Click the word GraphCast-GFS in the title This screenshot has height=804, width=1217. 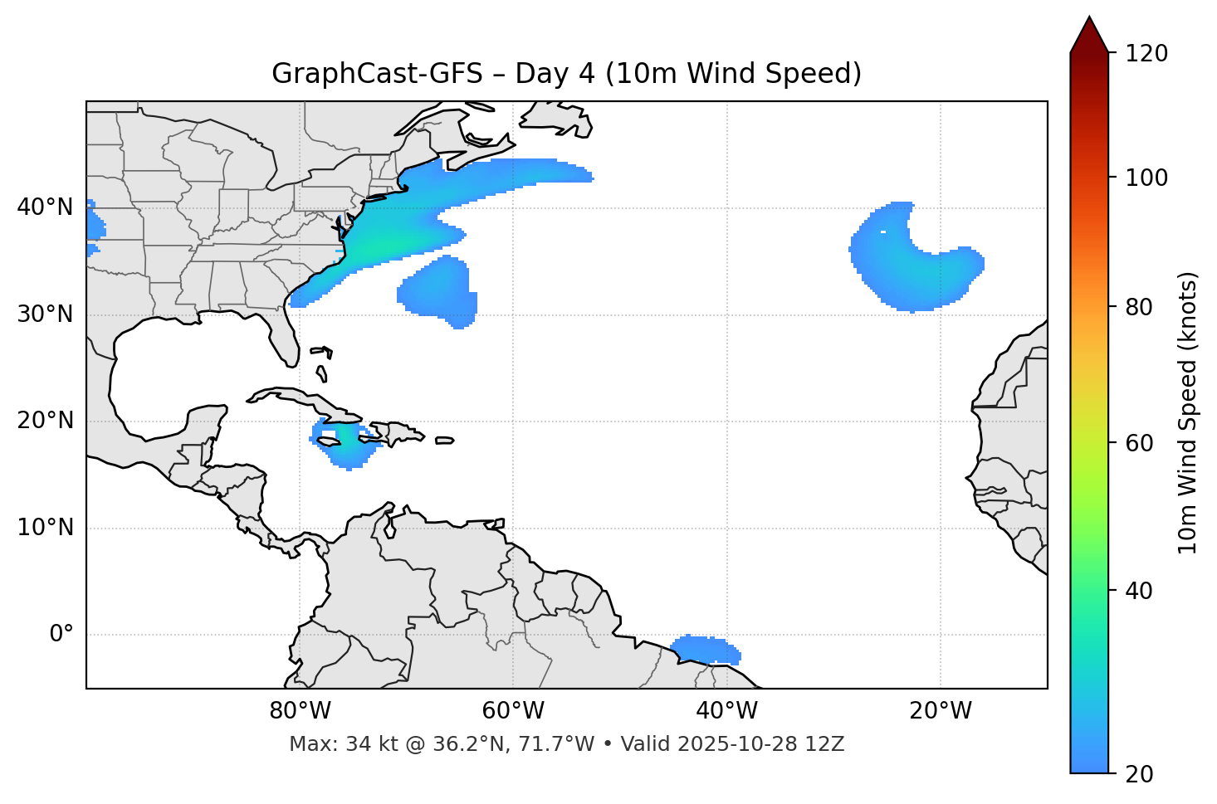click(377, 74)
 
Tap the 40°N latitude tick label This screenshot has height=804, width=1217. click(45, 207)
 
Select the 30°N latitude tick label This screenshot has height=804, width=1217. click(45, 314)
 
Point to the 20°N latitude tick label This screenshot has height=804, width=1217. click(45, 421)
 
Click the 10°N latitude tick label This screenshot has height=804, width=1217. click(45, 528)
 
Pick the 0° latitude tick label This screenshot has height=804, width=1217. click(61, 635)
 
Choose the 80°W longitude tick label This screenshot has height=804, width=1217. click(300, 711)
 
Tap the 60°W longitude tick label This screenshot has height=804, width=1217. click(513, 711)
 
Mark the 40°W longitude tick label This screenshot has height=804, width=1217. click(727, 711)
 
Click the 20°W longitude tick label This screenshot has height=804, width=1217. click(941, 711)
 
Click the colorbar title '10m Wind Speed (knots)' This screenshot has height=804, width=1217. click(1188, 412)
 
